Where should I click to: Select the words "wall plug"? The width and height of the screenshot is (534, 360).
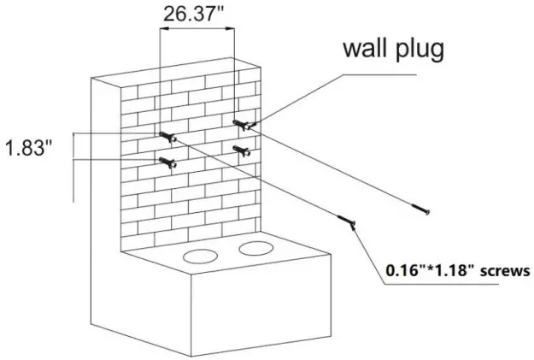pos(392,49)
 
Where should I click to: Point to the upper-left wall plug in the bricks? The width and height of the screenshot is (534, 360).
pos(167,135)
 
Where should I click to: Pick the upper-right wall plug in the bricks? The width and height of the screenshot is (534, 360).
pos(243,126)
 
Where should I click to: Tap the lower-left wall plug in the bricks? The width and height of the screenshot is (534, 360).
pos(167,162)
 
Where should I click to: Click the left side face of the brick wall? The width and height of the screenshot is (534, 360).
pos(104,197)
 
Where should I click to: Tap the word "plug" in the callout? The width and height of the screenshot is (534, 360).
pos(420,50)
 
